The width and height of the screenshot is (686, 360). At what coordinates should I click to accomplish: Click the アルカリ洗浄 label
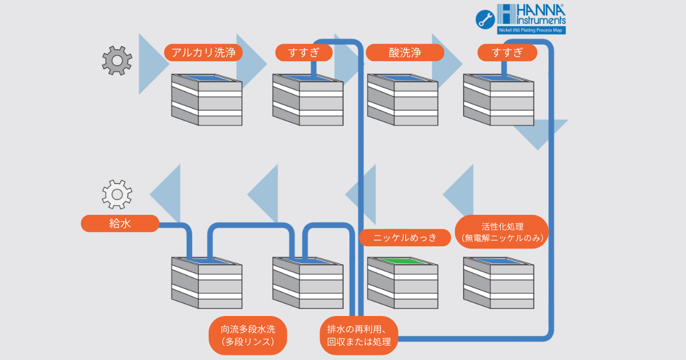pyautogui.click(x=204, y=53)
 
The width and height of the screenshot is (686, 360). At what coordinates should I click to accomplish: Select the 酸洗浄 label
pyautogui.click(x=405, y=53)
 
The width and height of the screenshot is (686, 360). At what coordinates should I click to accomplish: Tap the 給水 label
pyautogui.click(x=120, y=223)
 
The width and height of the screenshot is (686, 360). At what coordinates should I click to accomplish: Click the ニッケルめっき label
pyautogui.click(x=405, y=238)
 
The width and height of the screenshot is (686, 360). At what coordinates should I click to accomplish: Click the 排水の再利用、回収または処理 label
pyautogui.click(x=358, y=335)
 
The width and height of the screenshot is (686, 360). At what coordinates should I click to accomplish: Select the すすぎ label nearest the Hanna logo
pyautogui.click(x=507, y=53)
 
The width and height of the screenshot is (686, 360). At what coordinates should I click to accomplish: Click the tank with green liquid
pyautogui.click(x=402, y=282)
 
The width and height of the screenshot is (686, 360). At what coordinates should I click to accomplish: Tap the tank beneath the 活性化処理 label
pyautogui.click(x=498, y=282)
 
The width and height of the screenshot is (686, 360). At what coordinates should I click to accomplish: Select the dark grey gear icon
pyautogui.click(x=117, y=60)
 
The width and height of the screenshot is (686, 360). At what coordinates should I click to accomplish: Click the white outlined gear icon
pyautogui.click(x=117, y=195)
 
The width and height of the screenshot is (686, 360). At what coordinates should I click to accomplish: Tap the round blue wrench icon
pyautogui.click(x=485, y=19)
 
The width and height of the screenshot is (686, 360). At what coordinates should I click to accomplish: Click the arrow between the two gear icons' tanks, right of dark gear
pyautogui.click(x=154, y=63)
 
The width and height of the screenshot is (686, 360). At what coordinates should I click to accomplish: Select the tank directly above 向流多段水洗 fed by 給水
pyautogui.click(x=206, y=282)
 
